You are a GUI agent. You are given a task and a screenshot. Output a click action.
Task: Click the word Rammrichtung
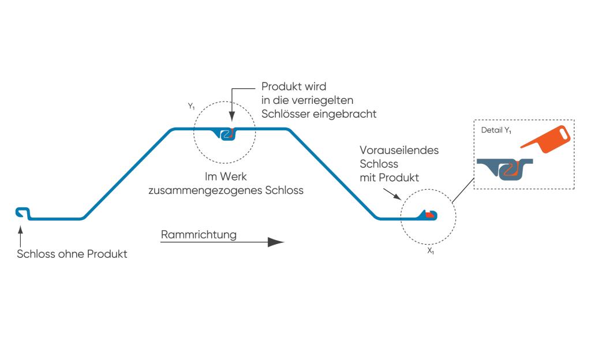click(x=199, y=235)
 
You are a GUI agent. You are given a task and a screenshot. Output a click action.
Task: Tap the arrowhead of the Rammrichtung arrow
click(x=276, y=242)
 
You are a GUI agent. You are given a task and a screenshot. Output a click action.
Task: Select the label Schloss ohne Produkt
click(x=72, y=254)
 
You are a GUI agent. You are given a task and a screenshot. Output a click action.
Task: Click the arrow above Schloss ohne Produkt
click(x=20, y=237)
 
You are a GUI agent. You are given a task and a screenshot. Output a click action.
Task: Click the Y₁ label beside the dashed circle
click(x=192, y=107)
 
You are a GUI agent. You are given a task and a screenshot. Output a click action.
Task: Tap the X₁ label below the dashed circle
click(x=431, y=251)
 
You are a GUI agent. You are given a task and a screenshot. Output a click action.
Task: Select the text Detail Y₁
click(x=496, y=130)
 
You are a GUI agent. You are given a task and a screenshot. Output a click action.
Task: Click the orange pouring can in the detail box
click(x=547, y=139)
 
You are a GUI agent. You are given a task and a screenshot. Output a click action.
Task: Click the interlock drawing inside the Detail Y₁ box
click(x=505, y=168)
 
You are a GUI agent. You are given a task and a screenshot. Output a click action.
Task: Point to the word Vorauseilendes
click(x=399, y=150)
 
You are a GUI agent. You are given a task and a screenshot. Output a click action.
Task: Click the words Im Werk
click(x=226, y=176)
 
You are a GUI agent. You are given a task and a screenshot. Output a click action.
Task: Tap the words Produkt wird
click(x=294, y=86)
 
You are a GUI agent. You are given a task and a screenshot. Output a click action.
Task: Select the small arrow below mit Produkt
click(x=392, y=194)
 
